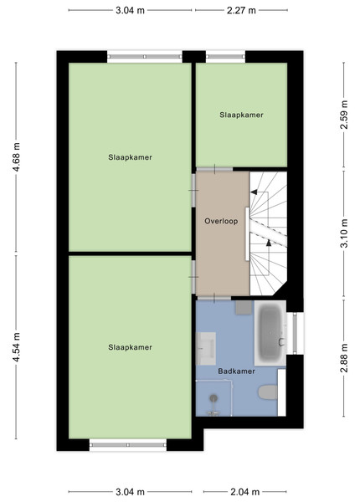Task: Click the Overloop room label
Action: [x=221, y=221]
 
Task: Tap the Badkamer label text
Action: [x=236, y=371]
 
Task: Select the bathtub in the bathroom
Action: [x=270, y=332]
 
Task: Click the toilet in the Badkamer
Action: [x=268, y=392]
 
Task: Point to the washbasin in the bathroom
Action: [x=206, y=349]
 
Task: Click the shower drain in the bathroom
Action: [x=213, y=398]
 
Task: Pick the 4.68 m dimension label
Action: [x=17, y=157]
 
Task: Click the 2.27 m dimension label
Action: [x=241, y=11]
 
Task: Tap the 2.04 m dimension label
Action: [x=245, y=492]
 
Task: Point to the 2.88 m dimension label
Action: [x=344, y=358]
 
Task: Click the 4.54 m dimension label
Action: [x=17, y=347]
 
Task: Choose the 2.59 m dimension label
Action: [x=344, y=115]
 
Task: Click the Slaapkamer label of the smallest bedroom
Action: [x=241, y=115]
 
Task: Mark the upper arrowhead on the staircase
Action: [x=254, y=192]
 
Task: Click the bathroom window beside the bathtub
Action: [x=295, y=333]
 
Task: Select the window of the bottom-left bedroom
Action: [x=128, y=445]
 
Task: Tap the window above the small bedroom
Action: [x=225, y=57]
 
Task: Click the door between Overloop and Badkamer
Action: [x=214, y=299]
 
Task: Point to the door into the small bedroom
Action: [x=214, y=169]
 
